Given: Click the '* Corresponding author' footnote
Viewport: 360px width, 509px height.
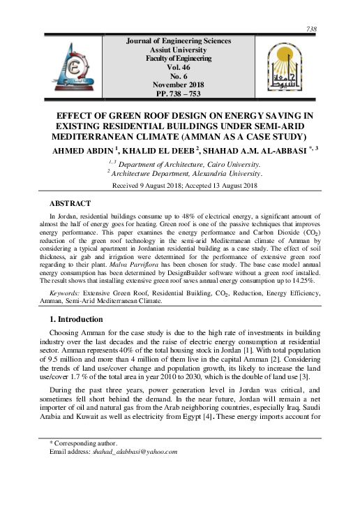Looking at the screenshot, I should click(84, 443).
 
